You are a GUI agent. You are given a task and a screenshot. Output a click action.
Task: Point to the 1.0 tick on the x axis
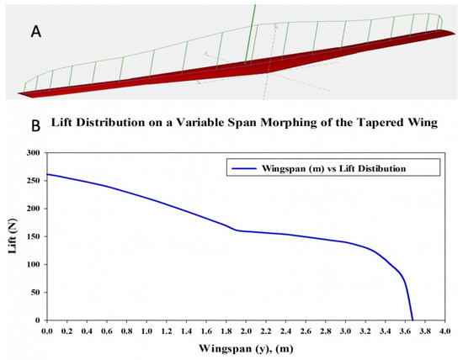click(x=146, y=331)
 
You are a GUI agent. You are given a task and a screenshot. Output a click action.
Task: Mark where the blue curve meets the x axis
click(x=412, y=320)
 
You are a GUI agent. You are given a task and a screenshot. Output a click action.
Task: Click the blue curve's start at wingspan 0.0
click(x=46, y=174)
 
